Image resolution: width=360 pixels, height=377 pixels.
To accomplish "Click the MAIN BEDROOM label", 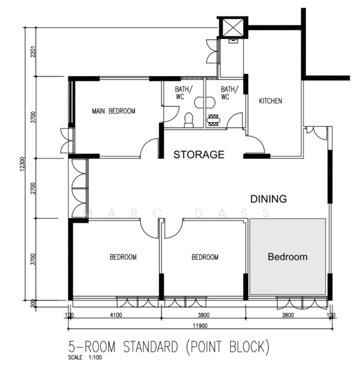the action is click(114, 111).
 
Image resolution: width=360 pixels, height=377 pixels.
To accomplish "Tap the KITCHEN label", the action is click(271, 101).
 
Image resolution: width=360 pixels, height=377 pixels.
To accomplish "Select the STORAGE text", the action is click(199, 155).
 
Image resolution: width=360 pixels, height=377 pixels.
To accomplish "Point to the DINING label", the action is click(269, 199).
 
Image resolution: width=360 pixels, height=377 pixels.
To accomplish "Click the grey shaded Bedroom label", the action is click(288, 257).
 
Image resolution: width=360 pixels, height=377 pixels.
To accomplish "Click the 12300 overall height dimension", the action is click(22, 165).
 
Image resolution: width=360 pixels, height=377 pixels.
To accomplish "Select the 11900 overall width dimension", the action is click(200, 325).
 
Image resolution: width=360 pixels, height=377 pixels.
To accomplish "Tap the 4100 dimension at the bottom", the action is click(116, 315).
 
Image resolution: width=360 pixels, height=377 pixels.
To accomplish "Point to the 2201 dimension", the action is click(33, 52).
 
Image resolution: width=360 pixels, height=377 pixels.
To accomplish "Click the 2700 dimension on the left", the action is click(33, 188).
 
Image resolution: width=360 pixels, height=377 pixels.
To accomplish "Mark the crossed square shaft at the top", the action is click(232, 27).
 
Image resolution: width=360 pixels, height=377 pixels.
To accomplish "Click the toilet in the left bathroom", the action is click(188, 120).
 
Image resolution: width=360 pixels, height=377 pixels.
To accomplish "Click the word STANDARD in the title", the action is click(151, 347).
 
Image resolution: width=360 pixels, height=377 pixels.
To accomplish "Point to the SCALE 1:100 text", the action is click(85, 358).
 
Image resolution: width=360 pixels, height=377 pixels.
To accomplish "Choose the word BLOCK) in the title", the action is click(249, 347).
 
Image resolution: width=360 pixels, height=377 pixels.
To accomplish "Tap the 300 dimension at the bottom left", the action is click(33, 303).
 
